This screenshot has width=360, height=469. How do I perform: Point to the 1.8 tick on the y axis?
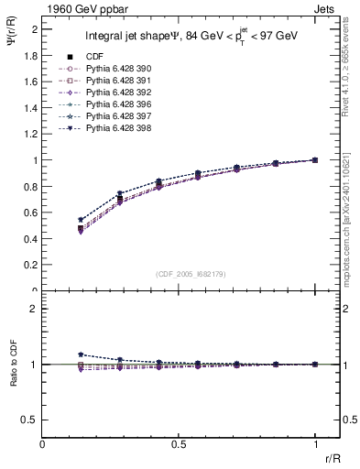[x=32, y=55]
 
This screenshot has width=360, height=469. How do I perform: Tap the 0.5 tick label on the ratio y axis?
[x=32, y=420]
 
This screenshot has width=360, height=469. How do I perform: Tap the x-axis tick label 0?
[x=43, y=443]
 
